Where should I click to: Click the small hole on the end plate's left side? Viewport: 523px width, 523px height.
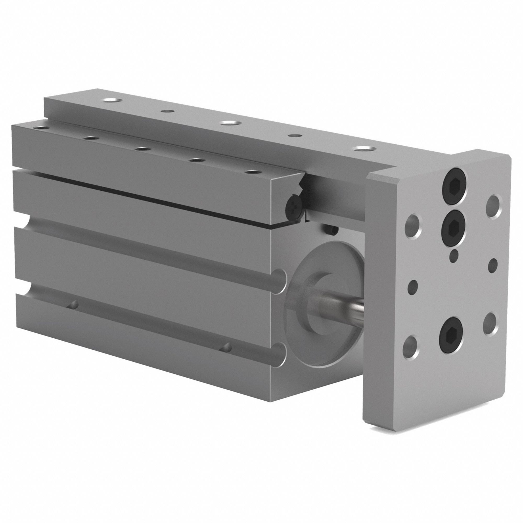click(413, 285)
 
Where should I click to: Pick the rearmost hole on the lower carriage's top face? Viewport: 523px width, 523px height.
click(41, 127)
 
